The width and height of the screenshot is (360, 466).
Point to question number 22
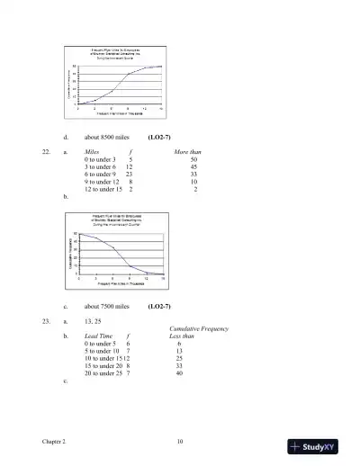[46, 152]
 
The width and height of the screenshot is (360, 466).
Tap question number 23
[46, 320]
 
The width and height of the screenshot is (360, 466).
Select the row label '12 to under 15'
[103, 189]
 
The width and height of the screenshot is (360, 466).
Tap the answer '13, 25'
[93, 320]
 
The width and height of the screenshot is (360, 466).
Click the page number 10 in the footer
[180, 442]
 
